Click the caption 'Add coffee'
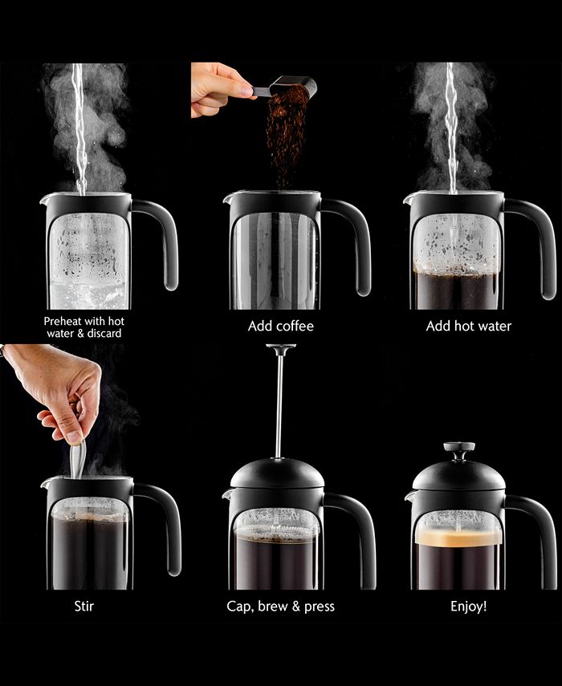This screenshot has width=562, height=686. coord(280,327)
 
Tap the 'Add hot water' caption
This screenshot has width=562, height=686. coord(468,327)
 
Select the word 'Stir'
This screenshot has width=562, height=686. coord(84,606)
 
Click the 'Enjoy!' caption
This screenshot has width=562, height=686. coord(467,606)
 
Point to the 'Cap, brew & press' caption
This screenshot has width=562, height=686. coord(280,606)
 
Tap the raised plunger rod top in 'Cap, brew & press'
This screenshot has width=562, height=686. coord(280,349)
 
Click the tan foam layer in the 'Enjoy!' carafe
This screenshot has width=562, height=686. coord(458,537)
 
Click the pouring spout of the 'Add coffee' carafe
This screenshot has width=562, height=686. coord(228,197)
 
